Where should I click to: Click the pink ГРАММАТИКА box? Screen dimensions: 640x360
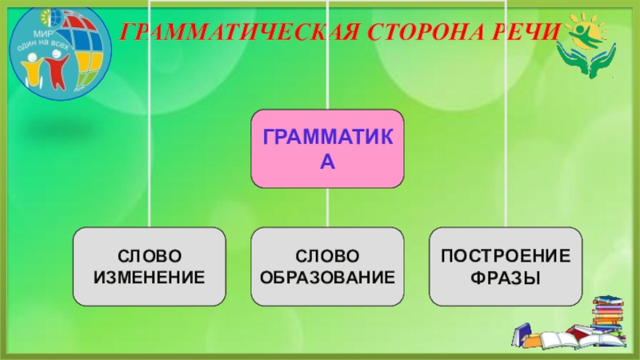pyautogui.click(x=327, y=149)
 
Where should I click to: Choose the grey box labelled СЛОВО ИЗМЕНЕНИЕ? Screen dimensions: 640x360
pyautogui.click(x=150, y=266)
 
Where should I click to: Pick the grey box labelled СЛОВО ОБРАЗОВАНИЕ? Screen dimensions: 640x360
pyautogui.click(x=327, y=266)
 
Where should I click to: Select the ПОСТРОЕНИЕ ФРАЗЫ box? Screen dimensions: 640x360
pyautogui.click(x=506, y=266)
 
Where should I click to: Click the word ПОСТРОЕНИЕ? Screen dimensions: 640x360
pyautogui.click(x=506, y=257)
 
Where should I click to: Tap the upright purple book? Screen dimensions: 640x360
pyautogui.click(x=521, y=331)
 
